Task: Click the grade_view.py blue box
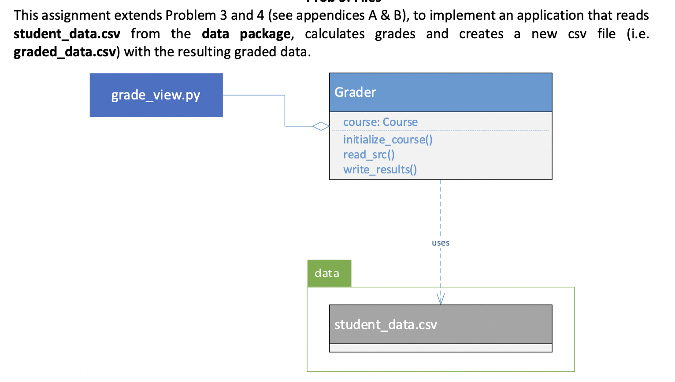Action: pyautogui.click(x=156, y=95)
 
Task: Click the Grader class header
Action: pyautogui.click(x=440, y=92)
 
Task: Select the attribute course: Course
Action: pyautogui.click(x=380, y=122)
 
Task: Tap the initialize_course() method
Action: pyautogui.click(x=388, y=140)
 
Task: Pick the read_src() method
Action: pyautogui.click(x=369, y=154)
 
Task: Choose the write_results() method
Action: pyautogui.click(x=380, y=169)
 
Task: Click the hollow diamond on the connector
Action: pyautogui.click(x=321, y=126)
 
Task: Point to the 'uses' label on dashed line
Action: pyautogui.click(x=441, y=242)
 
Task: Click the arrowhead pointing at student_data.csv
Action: pyautogui.click(x=441, y=300)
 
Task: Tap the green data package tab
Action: pyautogui.click(x=329, y=273)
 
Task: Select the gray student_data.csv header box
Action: pyautogui.click(x=440, y=324)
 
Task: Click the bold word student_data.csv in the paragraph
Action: pyautogui.click(x=67, y=34)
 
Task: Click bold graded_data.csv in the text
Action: pyautogui.click(x=65, y=52)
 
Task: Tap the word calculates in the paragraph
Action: pyautogui.click(x=334, y=34)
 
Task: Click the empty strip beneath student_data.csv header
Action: pyautogui.click(x=440, y=348)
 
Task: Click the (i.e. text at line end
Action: pyautogui.click(x=638, y=34)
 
